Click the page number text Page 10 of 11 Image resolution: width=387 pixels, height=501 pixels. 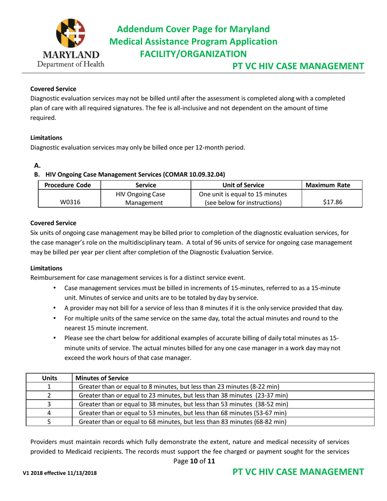tap(193, 461)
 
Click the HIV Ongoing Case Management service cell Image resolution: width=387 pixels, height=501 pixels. tap(146, 197)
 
